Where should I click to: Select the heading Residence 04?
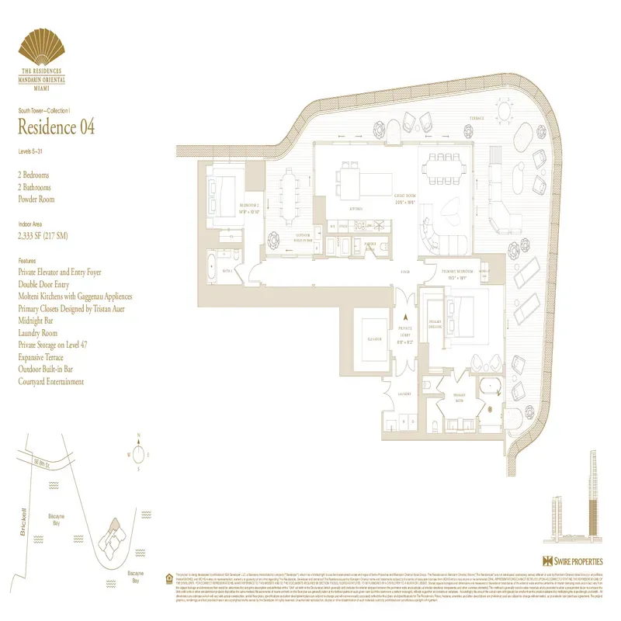[x=56, y=126]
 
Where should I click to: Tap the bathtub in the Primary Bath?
[x=490, y=387]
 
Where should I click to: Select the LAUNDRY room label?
[x=404, y=394]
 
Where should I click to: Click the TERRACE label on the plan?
[x=475, y=119]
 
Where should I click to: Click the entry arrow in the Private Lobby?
[x=404, y=317]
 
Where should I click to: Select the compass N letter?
[x=137, y=435]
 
